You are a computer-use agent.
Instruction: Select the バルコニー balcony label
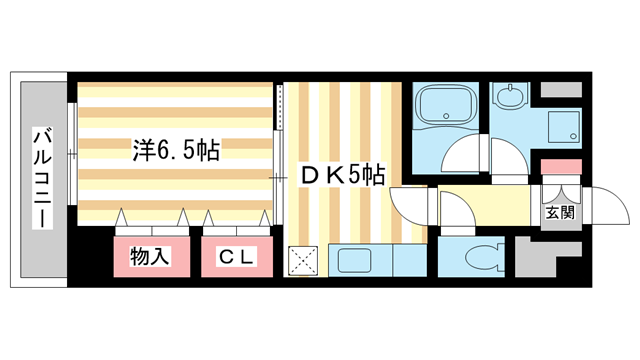[x=42, y=176]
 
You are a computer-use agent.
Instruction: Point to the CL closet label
[x=237, y=257]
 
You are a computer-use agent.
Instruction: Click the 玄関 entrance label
[x=559, y=211]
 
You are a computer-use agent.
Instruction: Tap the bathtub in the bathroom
[x=447, y=107]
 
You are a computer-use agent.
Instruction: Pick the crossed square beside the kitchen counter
[x=303, y=261]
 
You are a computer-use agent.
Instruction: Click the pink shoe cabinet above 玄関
[x=560, y=166]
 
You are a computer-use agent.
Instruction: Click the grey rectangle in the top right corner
[x=560, y=88]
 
